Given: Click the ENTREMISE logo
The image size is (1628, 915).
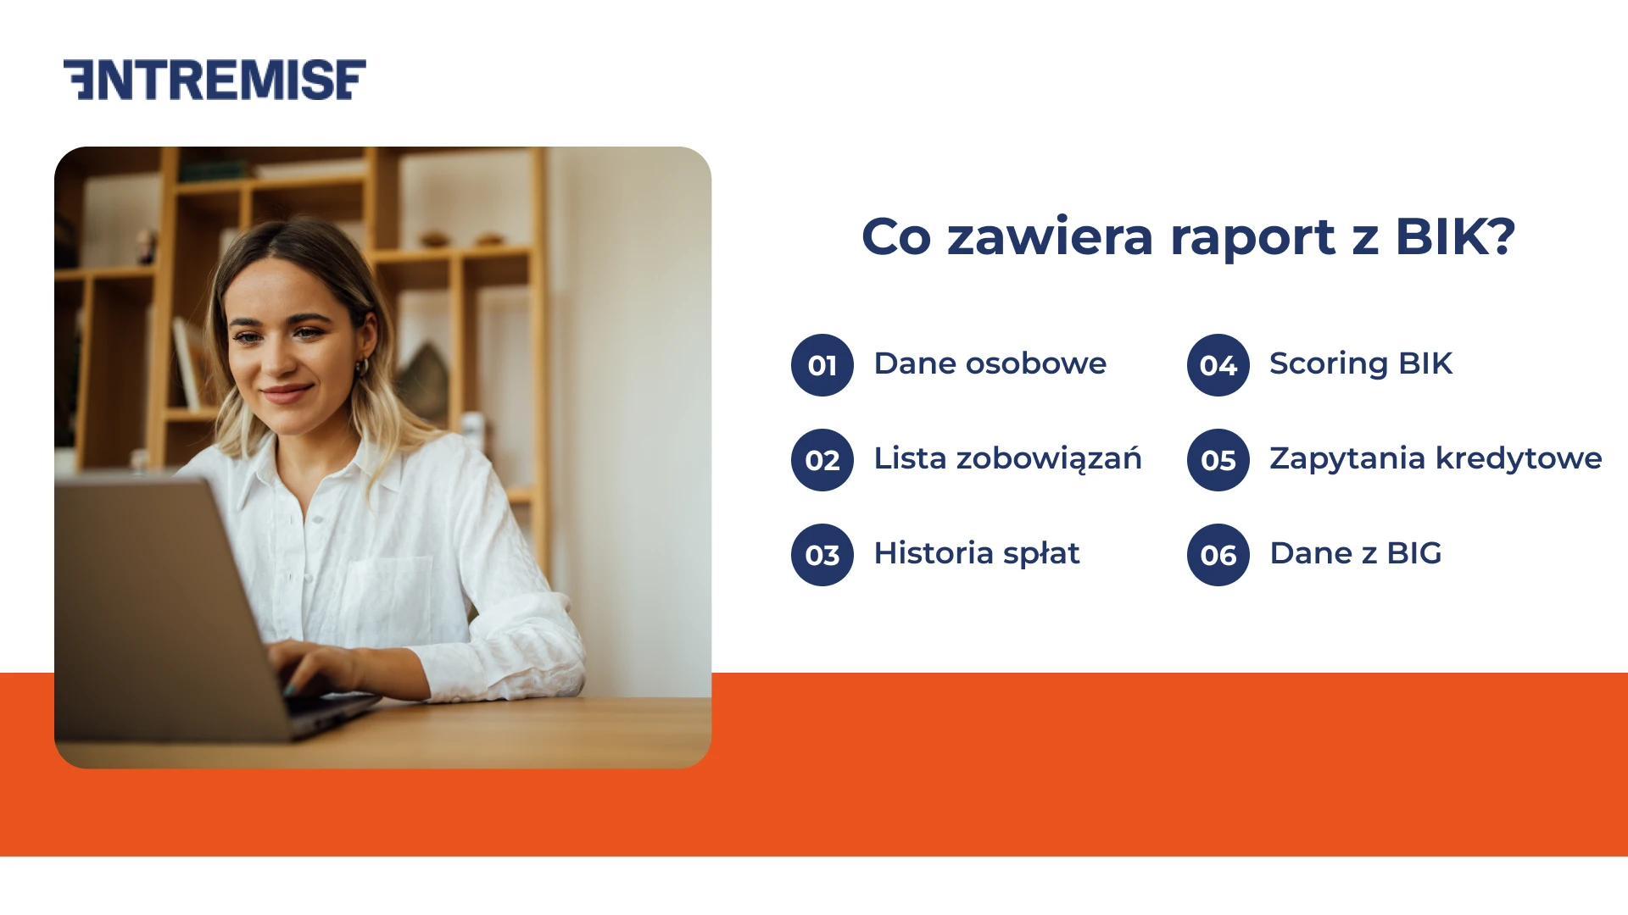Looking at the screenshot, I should (215, 80).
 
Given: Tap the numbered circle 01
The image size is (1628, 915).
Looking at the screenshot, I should (822, 365).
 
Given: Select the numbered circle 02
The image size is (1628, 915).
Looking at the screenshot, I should (822, 460).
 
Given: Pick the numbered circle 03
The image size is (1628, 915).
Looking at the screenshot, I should (822, 555).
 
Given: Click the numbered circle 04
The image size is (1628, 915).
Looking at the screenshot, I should (1218, 365).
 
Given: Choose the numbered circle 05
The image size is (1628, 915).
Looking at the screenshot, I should (1218, 460).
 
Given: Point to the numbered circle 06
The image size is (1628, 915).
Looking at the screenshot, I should (1218, 555).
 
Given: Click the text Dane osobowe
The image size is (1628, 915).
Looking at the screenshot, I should (990, 363).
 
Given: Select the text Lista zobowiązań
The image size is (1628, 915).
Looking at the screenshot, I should (1007, 458).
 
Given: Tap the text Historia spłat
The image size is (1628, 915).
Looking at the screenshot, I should (976, 553).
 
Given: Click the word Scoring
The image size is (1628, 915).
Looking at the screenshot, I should (1328, 364).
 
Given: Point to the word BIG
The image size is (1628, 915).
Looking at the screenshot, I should (1413, 553).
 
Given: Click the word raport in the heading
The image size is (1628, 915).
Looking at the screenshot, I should (1252, 237).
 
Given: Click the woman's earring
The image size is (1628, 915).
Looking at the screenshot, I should (363, 368).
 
